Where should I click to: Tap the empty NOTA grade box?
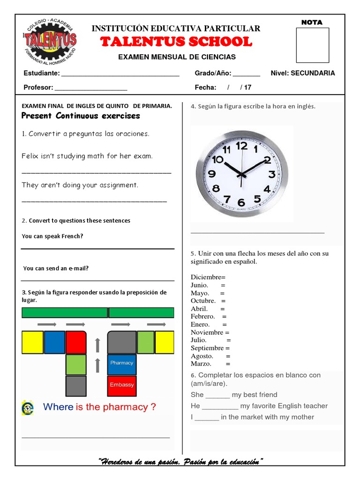pos(313,45)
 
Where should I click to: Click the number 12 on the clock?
pos(241,146)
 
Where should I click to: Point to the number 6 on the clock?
pos(241,202)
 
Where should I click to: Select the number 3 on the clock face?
pos(271,175)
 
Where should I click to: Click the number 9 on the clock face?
pos(211,174)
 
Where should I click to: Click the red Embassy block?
pos(121,385)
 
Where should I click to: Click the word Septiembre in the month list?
pos(207,348)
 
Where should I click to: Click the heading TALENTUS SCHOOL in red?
pos(176,42)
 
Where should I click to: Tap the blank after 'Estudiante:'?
pos(120,73)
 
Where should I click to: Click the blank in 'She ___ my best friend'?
pos(217,395)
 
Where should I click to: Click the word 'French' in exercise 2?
pos(72,236)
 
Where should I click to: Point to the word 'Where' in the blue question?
pos(58,407)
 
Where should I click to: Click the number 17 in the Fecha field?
pos(248,87)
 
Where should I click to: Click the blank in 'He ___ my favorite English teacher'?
pos(220,406)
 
